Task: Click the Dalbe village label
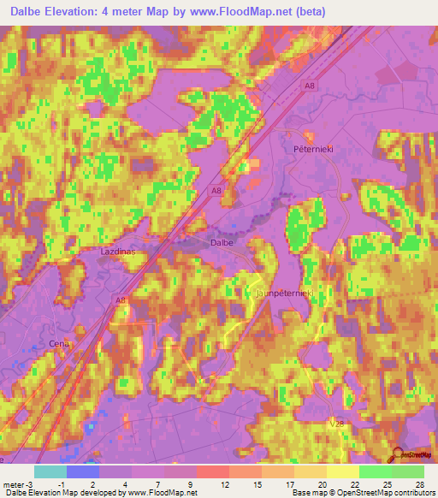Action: pos(222,243)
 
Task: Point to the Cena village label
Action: pos(59,344)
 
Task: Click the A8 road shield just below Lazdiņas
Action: pos(121,300)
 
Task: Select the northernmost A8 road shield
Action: pos(309,84)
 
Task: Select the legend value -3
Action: pos(30,484)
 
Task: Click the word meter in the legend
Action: pos(13,484)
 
